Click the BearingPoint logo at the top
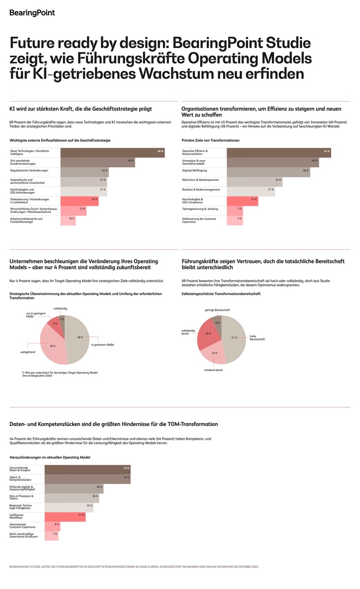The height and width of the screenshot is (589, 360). [x=32, y=13]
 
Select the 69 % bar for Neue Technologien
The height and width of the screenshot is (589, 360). [x=112, y=152]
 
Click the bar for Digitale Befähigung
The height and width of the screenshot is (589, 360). [x=268, y=171]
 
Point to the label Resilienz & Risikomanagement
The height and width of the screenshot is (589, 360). [x=201, y=189]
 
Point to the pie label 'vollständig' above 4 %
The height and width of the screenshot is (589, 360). [x=60, y=308]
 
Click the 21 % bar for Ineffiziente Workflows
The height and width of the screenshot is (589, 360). [x=65, y=517]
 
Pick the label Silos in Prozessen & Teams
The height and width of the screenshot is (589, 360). [x=22, y=498]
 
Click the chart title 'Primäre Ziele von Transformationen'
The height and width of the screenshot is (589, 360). [x=210, y=140]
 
